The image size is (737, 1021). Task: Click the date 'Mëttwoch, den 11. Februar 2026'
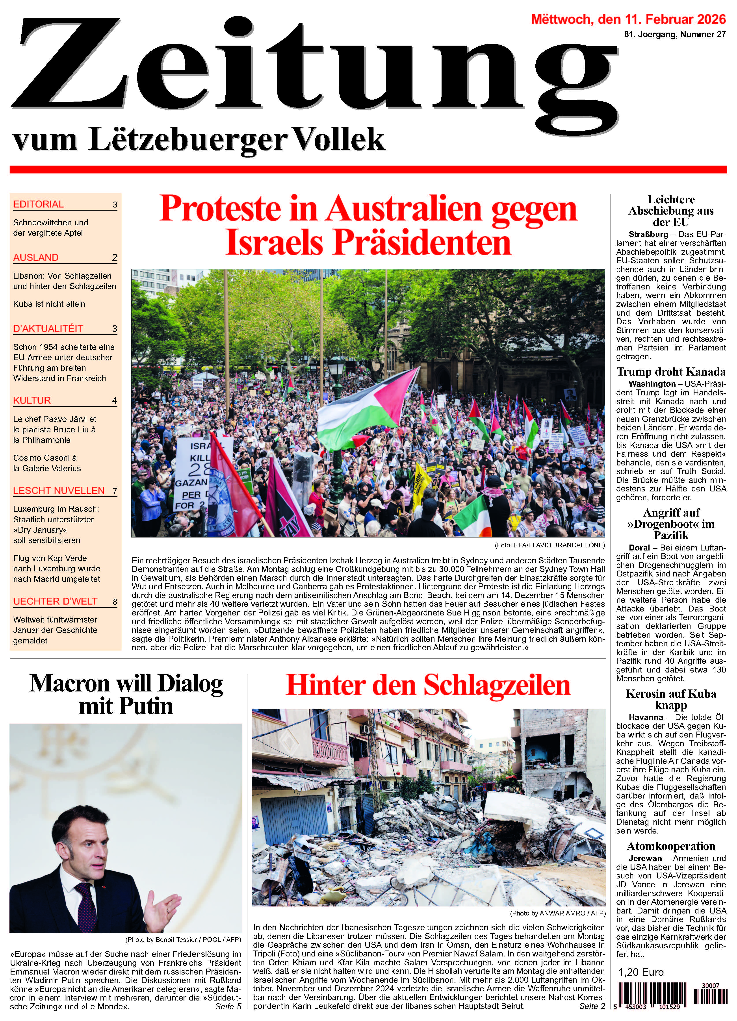click(629, 19)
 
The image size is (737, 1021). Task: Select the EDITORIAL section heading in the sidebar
click(39, 204)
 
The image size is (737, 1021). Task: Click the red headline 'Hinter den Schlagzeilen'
click(428, 686)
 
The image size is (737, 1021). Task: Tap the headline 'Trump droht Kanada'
click(671, 372)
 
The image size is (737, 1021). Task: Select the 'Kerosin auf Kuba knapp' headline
click(671, 700)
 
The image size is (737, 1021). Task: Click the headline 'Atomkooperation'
click(671, 846)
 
